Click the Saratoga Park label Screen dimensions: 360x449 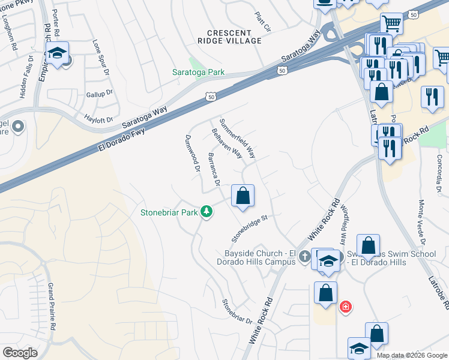[203, 72]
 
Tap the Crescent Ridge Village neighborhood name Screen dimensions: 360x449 [234, 37]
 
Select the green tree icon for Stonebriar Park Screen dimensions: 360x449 [206, 212]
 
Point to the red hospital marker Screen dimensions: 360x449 [346, 307]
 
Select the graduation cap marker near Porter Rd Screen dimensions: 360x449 [58, 55]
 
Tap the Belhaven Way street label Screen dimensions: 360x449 [228, 143]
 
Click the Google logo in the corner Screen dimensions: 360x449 [20, 353]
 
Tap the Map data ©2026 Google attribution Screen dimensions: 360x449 [412, 355]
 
